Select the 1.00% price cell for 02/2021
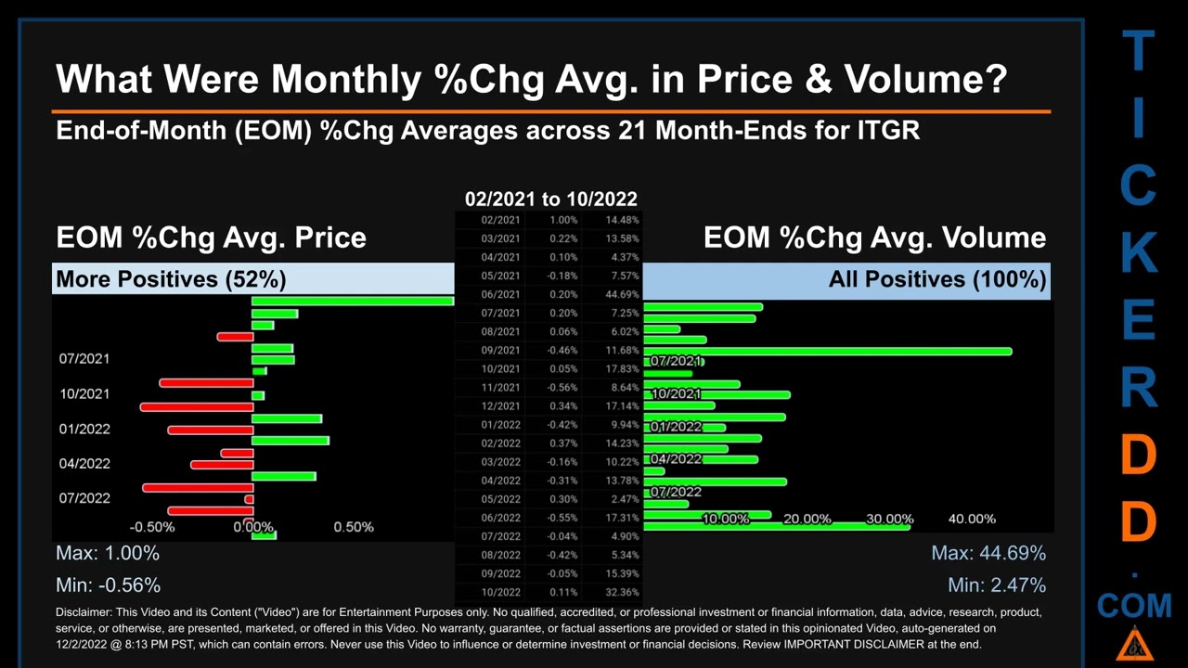(563, 220)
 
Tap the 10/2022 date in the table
(500, 592)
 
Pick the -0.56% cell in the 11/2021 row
(561, 387)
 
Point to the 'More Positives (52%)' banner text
(171, 278)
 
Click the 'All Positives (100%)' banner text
(937, 278)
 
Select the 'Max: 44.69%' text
(988, 553)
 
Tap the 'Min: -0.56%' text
(108, 584)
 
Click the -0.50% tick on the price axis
(152, 527)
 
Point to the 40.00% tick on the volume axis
(972, 519)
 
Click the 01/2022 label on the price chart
(84, 429)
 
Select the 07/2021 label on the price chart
(84, 359)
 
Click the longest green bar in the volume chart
(827, 351)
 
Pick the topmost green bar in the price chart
(353, 301)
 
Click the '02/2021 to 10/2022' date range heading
(550, 199)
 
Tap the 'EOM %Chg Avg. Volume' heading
(874, 238)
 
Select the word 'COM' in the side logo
(1134, 606)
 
